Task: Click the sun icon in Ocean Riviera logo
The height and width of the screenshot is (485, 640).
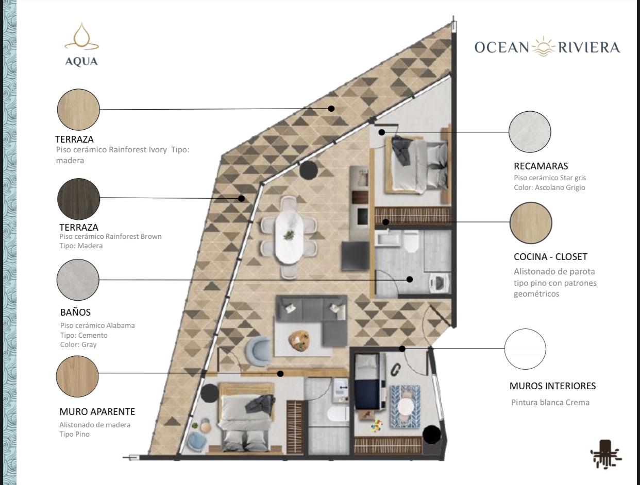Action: coord(544,46)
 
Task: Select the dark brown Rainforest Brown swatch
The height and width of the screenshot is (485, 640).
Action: coord(79,199)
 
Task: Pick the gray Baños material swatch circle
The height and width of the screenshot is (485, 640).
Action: coord(78,280)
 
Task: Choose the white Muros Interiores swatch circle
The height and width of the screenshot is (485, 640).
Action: coord(525,349)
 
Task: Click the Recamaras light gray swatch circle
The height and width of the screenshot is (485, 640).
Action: coord(530,132)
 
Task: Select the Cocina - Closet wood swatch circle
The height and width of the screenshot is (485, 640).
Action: coord(531,223)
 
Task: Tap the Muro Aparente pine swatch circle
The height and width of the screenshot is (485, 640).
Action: coord(77,376)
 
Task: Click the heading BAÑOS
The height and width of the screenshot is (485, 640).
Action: coord(75,313)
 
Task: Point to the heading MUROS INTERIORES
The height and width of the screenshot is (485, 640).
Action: coord(552,386)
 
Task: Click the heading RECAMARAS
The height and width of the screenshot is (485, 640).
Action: coord(541,166)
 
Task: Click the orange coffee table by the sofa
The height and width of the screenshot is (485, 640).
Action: coord(299,339)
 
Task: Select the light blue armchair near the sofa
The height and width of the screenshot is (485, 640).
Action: coord(258,351)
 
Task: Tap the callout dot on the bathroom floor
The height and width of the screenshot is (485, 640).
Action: coord(410,280)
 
